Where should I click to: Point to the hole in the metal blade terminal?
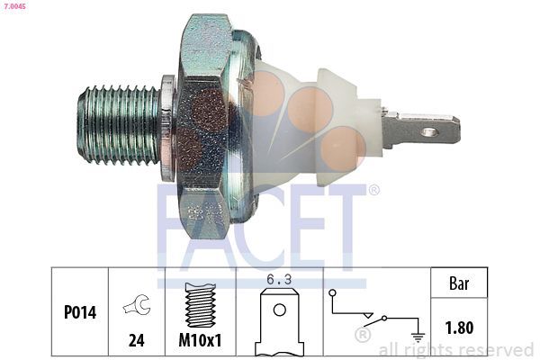429,132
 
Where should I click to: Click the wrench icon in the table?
137,306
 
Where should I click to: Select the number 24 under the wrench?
137,341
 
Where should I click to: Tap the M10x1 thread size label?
201,341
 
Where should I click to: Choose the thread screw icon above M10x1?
200,301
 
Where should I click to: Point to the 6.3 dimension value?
279,281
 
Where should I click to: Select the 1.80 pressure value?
459,328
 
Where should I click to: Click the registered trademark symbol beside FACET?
373,190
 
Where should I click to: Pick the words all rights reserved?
455,349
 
